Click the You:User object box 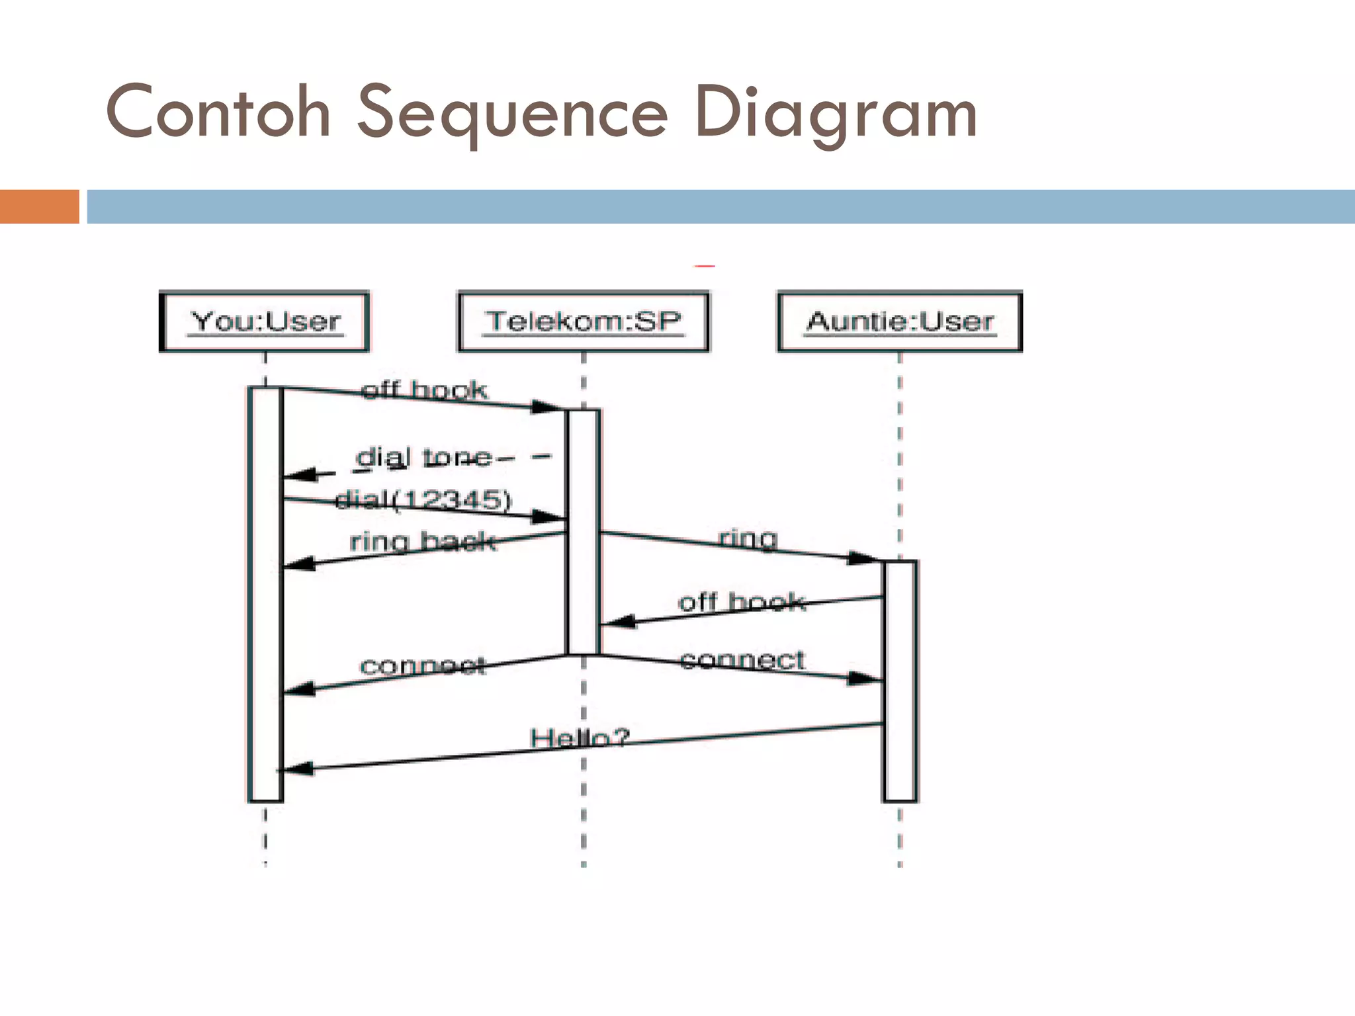[x=265, y=321]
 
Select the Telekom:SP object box [x=583, y=321]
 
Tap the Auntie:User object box [x=900, y=321]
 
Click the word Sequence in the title [x=512, y=113]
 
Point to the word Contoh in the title [x=218, y=113]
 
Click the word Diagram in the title [x=835, y=113]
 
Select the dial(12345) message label [x=423, y=499]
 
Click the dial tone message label [x=423, y=458]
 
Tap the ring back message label [x=422, y=541]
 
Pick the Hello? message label [x=580, y=738]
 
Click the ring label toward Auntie [x=748, y=538]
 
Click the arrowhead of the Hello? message [x=296, y=769]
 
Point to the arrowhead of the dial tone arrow [x=301, y=475]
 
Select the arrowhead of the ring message [x=863, y=558]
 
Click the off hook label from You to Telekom [x=425, y=390]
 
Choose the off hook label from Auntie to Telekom [x=742, y=602]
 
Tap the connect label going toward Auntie [x=742, y=659]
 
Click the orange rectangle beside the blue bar [x=39, y=206]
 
